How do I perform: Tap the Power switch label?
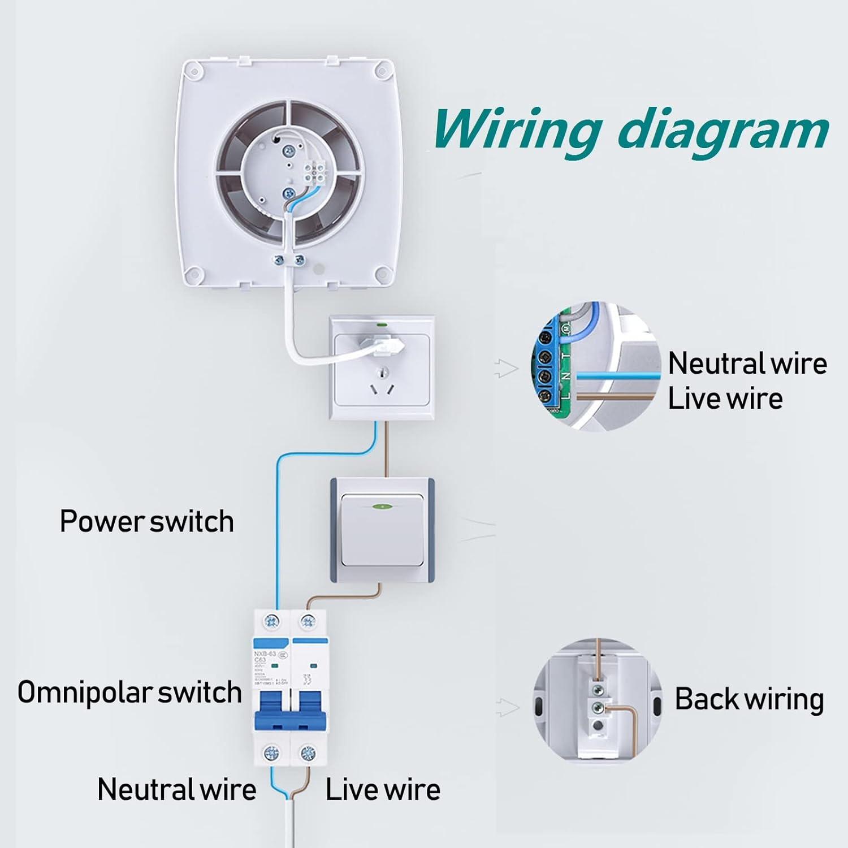tap(146, 521)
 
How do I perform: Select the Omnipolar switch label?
tap(129, 692)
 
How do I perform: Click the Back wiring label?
tap(749, 699)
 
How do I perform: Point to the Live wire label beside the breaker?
tap(383, 789)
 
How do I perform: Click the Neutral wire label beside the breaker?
tap(176, 789)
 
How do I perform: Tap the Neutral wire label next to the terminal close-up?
tap(747, 363)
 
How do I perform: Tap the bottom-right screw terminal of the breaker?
tap(308, 752)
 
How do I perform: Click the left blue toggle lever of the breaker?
tap(272, 709)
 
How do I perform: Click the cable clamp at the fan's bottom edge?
tap(289, 260)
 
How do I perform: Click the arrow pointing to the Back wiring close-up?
tap(507, 707)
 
